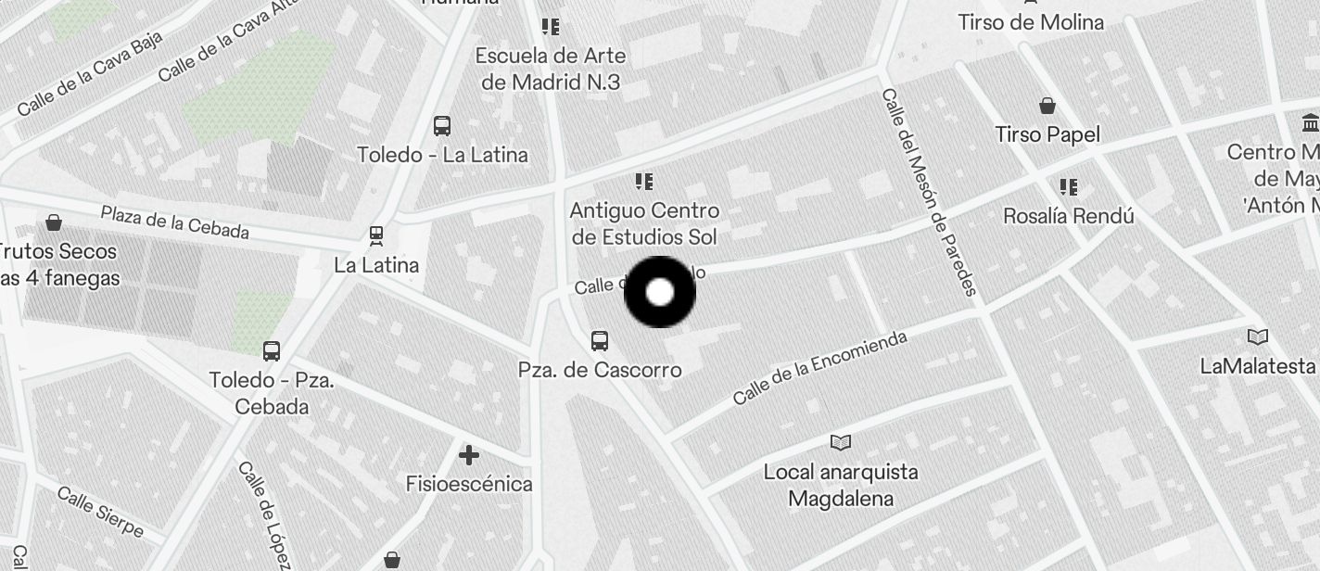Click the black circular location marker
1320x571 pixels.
(x=659, y=292)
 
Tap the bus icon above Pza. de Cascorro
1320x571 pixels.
(x=600, y=340)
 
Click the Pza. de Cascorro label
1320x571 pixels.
(x=600, y=370)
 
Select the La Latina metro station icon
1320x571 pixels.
(x=376, y=235)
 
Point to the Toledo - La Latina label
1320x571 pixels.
(x=442, y=155)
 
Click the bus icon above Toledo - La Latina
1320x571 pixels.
(x=442, y=125)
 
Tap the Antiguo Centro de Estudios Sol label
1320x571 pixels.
(x=644, y=223)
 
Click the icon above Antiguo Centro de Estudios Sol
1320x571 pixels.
(x=643, y=181)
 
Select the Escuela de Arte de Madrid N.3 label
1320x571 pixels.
(x=551, y=69)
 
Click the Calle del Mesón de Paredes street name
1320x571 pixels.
(x=929, y=192)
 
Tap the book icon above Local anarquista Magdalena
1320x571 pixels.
(x=841, y=442)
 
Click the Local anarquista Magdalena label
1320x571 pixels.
(x=841, y=485)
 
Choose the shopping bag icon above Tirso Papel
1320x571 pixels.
(x=1047, y=106)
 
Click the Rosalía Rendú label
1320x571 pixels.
(x=1069, y=216)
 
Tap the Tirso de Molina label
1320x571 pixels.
(x=1031, y=22)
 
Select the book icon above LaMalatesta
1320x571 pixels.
(x=1258, y=336)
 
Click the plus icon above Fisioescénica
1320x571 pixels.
(x=469, y=455)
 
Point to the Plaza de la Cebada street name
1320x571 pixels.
(x=174, y=222)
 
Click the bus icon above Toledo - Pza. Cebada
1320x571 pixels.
(x=272, y=351)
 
